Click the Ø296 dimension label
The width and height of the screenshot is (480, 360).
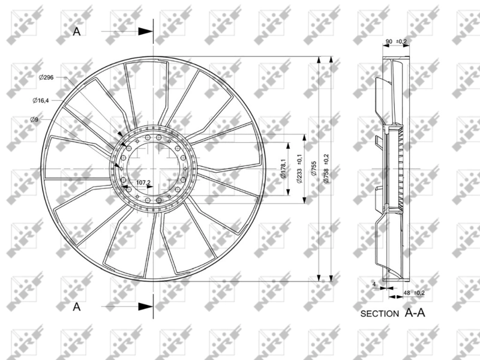click(46, 77)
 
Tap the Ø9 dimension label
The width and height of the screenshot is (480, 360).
click(34, 120)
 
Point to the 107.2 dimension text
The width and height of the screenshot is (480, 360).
click(143, 182)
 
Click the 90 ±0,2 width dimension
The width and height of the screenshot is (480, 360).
click(396, 41)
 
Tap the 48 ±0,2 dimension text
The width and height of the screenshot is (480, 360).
click(413, 293)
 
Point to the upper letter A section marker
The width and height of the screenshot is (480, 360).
click(76, 32)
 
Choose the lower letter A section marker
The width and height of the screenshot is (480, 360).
click(76, 307)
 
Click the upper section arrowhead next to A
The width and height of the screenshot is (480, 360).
click(145, 32)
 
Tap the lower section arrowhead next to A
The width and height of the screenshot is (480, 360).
click(145, 307)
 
